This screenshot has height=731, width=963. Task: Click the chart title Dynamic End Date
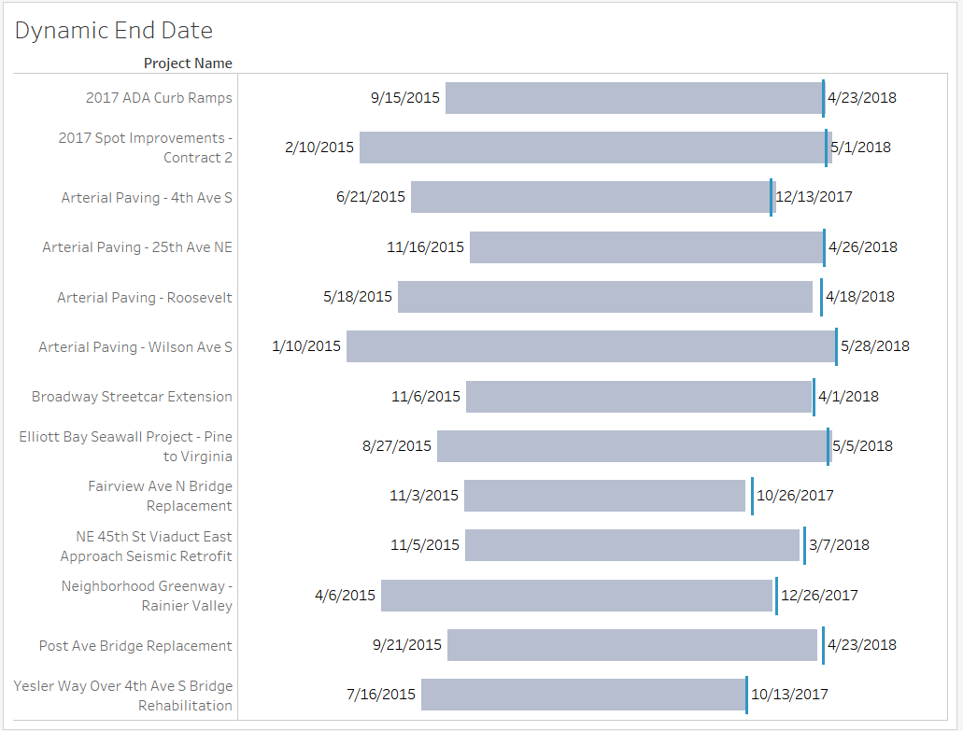click(x=114, y=31)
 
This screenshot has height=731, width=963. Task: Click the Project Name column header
click(x=188, y=63)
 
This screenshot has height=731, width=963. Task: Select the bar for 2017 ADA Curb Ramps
click(x=633, y=98)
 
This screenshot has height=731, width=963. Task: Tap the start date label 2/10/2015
click(x=319, y=148)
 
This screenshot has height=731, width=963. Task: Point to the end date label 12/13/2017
click(x=814, y=197)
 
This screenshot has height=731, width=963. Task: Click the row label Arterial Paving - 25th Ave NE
click(x=137, y=247)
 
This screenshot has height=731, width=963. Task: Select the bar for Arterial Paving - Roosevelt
click(x=604, y=297)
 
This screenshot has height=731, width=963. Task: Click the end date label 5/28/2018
click(x=874, y=346)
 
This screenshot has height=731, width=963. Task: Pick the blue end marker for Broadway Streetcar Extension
click(x=814, y=397)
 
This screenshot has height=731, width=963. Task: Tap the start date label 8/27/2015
click(x=397, y=446)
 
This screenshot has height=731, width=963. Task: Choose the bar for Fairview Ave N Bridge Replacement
click(x=604, y=496)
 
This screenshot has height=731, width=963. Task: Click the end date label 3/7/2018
click(x=839, y=545)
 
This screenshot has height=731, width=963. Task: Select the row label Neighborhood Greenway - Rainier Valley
click(x=147, y=596)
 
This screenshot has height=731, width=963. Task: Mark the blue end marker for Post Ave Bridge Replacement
click(x=823, y=645)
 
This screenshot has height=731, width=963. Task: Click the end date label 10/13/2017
click(x=789, y=695)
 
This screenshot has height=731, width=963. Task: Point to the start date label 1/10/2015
click(x=306, y=346)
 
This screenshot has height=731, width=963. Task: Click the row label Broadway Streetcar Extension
click(x=132, y=397)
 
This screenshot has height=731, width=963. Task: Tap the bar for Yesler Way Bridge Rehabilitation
click(x=583, y=695)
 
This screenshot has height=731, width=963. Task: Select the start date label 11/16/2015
click(x=425, y=247)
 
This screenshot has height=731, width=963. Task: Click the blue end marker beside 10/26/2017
click(x=752, y=496)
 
